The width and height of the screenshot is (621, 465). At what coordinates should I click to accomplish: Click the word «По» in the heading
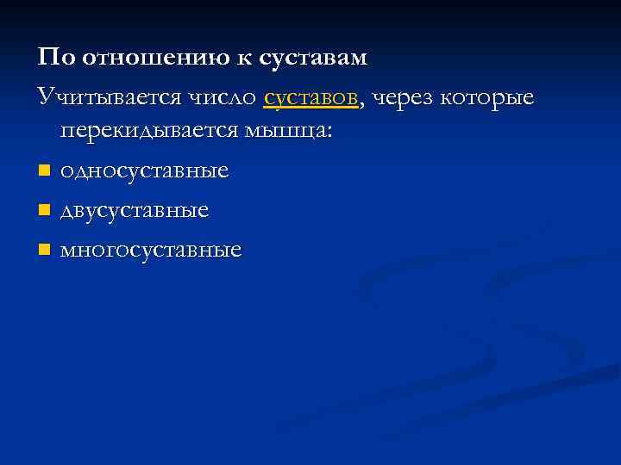pyautogui.click(x=55, y=58)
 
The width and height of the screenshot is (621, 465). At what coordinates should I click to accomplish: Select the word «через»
pyautogui.click(x=403, y=98)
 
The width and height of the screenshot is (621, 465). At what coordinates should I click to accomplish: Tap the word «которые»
pyautogui.click(x=487, y=98)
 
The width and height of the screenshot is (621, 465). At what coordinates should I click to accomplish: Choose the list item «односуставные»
pyautogui.click(x=144, y=171)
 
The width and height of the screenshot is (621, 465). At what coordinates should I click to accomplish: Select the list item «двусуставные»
pyautogui.click(x=135, y=211)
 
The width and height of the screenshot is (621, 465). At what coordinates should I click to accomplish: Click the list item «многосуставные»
pyautogui.click(x=151, y=251)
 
